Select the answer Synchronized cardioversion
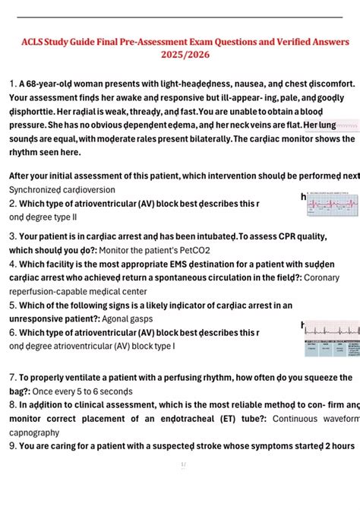coord(62,189)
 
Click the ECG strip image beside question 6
coord(331,338)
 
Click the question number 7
coord(12,377)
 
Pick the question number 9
coord(12,445)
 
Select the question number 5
coord(12,306)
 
